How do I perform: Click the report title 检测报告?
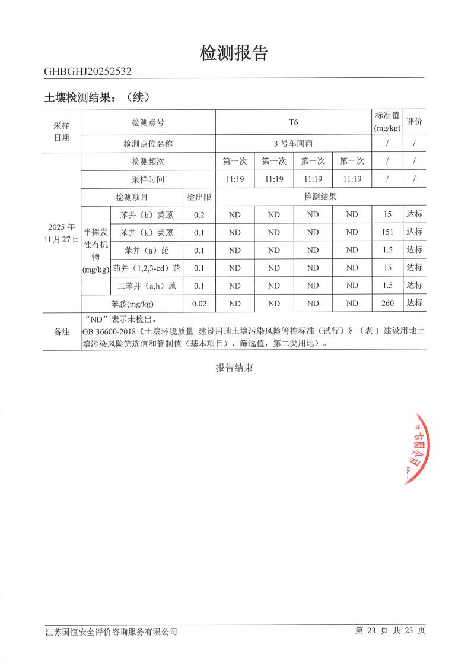234,53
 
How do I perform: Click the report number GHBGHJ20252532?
88,72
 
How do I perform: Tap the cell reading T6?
293,122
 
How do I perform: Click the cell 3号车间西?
293,143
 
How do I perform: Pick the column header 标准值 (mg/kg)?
387,122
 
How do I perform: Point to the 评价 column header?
414,122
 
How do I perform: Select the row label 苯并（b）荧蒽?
147,214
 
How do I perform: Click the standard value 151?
387,232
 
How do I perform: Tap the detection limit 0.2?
199,214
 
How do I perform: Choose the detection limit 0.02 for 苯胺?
199,304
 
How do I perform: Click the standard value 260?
387,304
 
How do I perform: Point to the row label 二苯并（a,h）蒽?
147,286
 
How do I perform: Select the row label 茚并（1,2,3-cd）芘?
147,268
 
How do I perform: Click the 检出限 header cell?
199,197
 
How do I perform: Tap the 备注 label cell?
62,331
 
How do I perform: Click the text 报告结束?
234,368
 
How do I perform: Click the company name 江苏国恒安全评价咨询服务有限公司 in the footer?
112,631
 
